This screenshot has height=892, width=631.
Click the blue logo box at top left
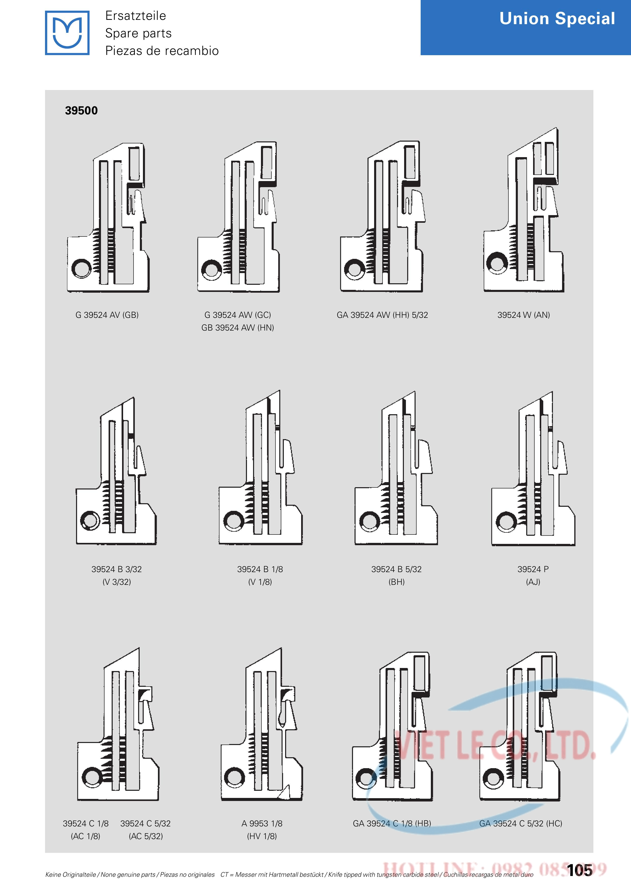pyautogui.click(x=67, y=33)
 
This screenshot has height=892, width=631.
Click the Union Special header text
pyautogui.click(x=557, y=19)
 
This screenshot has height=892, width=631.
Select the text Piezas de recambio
pyautogui.click(x=162, y=51)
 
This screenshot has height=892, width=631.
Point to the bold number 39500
pyautogui.click(x=81, y=111)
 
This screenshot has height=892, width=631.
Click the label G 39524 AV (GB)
pyautogui.click(x=107, y=315)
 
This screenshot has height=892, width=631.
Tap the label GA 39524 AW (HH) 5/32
pyautogui.click(x=382, y=315)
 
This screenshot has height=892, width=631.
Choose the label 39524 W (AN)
pyautogui.click(x=524, y=315)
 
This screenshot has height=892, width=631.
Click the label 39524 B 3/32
pyautogui.click(x=116, y=569)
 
